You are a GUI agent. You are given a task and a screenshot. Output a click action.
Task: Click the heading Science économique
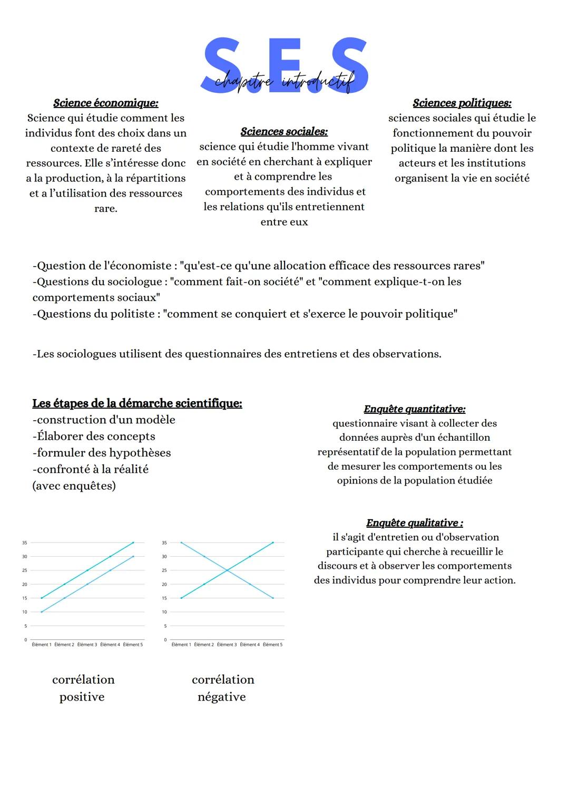pos(105,103)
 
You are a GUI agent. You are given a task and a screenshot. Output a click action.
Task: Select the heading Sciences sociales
pos(284,131)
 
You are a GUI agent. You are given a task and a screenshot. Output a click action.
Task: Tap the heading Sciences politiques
pos(462,103)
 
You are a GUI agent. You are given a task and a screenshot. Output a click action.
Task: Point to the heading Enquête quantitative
pos(415,409)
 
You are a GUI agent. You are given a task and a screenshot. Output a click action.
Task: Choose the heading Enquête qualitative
pos(415,523)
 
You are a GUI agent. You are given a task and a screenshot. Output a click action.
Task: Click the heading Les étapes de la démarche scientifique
pos(137,403)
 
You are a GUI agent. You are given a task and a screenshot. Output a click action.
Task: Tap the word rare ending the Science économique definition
pos(105,209)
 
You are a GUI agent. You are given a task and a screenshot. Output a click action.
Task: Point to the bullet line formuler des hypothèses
pos(102,453)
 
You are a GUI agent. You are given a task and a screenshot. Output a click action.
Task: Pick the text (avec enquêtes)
pos(74,486)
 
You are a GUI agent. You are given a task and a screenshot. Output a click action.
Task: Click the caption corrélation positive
pos(83,688)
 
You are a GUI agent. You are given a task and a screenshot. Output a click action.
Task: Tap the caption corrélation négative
pos(222,688)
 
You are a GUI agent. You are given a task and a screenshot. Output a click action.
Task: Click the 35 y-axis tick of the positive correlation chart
pos(24,542)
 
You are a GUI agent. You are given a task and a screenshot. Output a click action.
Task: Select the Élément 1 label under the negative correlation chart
pos(181,645)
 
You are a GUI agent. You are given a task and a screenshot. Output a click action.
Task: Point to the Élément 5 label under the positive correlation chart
pos(133,645)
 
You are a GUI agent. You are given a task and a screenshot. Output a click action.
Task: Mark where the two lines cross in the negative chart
pos(227,570)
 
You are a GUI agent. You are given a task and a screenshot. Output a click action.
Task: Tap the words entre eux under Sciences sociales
pos(284,222)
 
